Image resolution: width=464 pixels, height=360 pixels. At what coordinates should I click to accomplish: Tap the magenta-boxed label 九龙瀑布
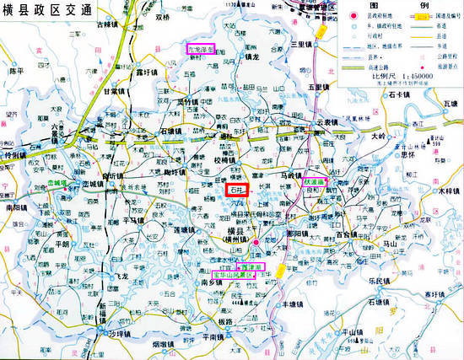click(202, 49)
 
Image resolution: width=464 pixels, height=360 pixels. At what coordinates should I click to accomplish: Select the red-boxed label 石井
click(237, 191)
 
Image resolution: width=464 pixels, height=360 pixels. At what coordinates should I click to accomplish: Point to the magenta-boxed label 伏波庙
click(315, 181)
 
